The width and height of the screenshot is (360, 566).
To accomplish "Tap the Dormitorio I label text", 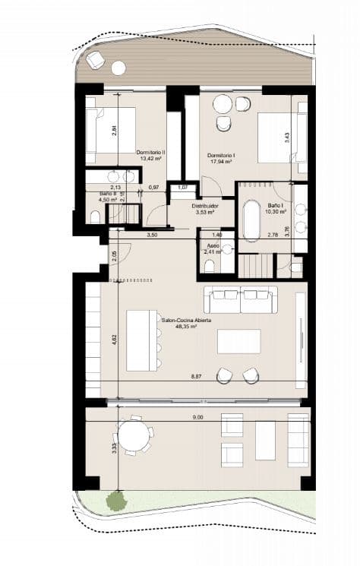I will (221, 155).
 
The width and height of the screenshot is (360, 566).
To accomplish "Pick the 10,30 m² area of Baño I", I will (274, 210).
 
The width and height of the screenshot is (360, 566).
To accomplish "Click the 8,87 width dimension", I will (196, 376).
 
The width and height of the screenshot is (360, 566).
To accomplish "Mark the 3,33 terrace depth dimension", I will (113, 447).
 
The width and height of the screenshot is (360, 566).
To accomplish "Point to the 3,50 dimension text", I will (152, 236).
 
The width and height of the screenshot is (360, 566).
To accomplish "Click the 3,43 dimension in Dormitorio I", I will (286, 138).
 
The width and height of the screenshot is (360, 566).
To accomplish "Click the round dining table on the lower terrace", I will (134, 436).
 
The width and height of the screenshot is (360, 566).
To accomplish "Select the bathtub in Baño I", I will (251, 221).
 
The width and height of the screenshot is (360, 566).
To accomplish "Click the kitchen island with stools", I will (141, 339).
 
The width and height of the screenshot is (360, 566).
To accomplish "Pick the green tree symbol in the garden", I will (115, 500).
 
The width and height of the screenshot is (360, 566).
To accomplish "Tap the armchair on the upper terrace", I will (96, 60).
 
